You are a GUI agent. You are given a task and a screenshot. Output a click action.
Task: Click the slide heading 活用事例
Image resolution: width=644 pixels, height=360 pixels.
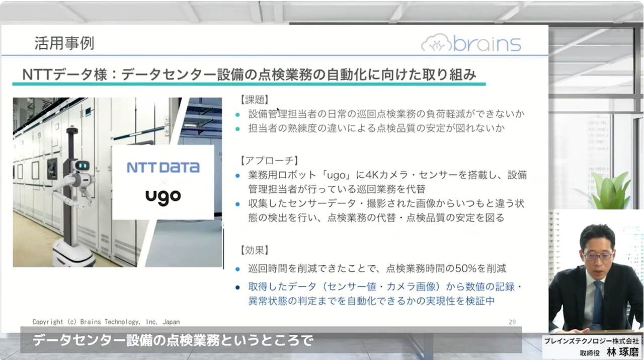(64, 43)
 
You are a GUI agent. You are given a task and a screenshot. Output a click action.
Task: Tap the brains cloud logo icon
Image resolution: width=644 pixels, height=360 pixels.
(436, 43)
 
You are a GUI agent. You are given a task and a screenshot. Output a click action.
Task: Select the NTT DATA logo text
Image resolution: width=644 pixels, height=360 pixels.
(163, 168)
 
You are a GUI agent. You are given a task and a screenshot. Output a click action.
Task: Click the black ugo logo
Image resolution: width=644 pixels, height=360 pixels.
(163, 196)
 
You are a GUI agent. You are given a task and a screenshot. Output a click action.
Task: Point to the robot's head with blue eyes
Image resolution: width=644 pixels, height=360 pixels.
(82, 166)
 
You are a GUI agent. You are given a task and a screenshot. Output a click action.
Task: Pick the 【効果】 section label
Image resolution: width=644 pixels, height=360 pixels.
(255, 250)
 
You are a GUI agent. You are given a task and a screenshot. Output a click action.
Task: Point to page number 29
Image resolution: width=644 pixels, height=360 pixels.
(512, 322)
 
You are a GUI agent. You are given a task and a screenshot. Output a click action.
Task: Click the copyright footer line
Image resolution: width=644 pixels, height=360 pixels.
(106, 322)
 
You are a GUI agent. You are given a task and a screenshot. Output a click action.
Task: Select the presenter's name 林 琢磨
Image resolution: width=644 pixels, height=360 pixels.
(623, 352)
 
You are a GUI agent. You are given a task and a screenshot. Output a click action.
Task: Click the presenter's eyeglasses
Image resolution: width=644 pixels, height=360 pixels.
(598, 256)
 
